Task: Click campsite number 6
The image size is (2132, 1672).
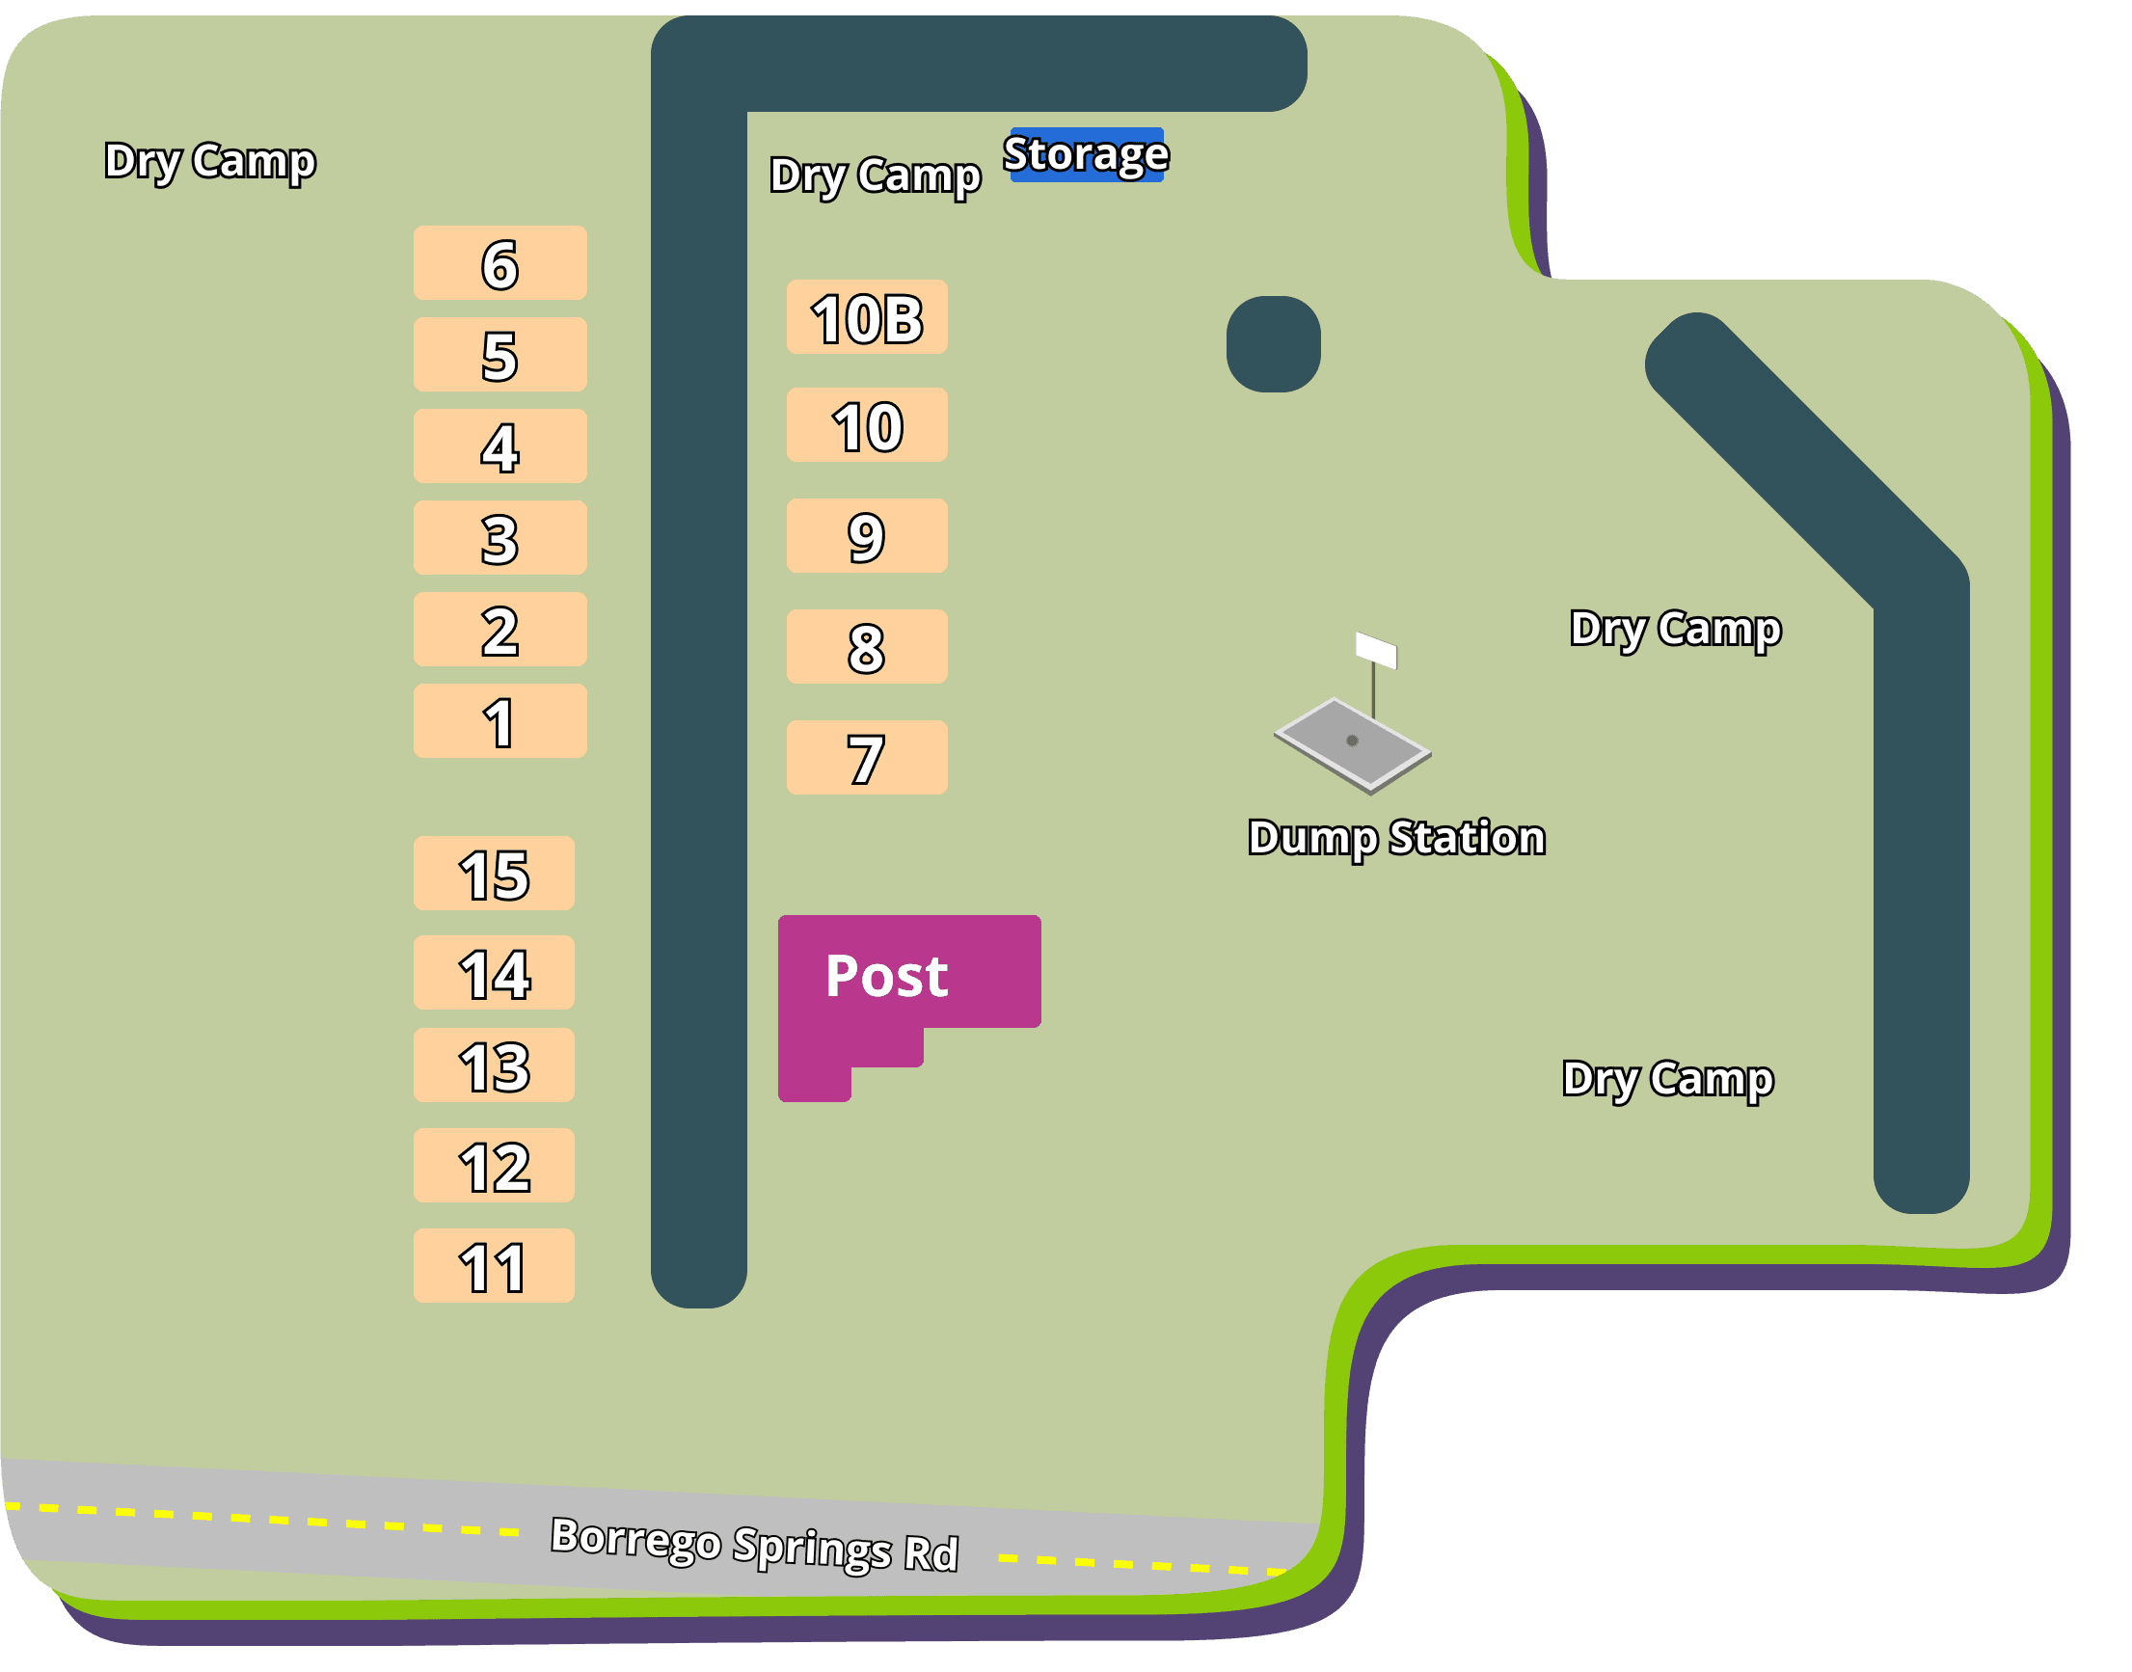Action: pyautogui.click(x=499, y=263)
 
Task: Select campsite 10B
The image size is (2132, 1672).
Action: pyautogui.click(x=866, y=317)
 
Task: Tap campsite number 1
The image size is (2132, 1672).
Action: pyautogui.click(x=499, y=721)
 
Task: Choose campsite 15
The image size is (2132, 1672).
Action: pyautogui.click(x=494, y=874)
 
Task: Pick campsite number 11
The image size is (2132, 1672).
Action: pyautogui.click(x=494, y=1266)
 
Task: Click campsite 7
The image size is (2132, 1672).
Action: pyautogui.click(x=866, y=758)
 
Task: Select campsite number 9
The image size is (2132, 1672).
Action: pyautogui.click(x=866, y=535)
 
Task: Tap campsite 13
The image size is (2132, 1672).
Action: pyautogui.click(x=494, y=1065)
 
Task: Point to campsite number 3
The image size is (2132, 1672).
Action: pyautogui.click(x=499, y=538)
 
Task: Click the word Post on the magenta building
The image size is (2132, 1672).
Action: pyautogui.click(x=886, y=976)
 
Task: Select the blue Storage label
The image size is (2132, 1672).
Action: pyautogui.click(x=1086, y=154)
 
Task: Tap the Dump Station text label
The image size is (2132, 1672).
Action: pyautogui.click(x=1396, y=838)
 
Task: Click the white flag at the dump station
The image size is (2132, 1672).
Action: pyautogui.click(x=1375, y=650)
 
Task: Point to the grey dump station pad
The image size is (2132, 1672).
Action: pyautogui.click(x=1352, y=744)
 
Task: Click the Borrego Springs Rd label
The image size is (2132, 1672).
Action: pyautogui.click(x=754, y=1545)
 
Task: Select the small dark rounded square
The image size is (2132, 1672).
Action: pyautogui.click(x=1273, y=343)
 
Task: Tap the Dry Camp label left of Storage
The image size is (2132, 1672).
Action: pyautogui.click(x=875, y=176)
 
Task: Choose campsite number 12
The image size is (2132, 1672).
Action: pyautogui.click(x=494, y=1166)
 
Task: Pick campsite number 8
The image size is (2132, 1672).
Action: pyautogui.click(x=866, y=647)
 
